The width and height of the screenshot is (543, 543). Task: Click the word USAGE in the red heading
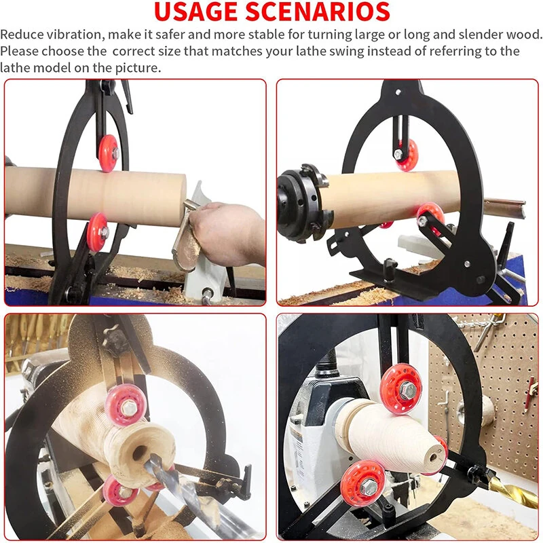[x=196, y=12]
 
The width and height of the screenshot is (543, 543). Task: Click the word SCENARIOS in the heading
[x=318, y=12]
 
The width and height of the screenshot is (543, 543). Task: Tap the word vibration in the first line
[x=75, y=35]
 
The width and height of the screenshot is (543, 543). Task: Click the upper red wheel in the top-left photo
[x=109, y=153]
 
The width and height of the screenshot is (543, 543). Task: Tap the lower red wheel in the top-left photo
[x=98, y=232]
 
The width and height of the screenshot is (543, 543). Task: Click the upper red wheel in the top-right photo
[x=407, y=155]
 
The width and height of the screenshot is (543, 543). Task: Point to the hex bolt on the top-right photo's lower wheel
[x=422, y=220]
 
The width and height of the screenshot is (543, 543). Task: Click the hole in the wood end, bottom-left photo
[x=140, y=453]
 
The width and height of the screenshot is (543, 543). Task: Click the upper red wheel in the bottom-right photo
[x=402, y=389]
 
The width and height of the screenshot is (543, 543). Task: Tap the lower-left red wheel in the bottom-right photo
[x=363, y=484]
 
